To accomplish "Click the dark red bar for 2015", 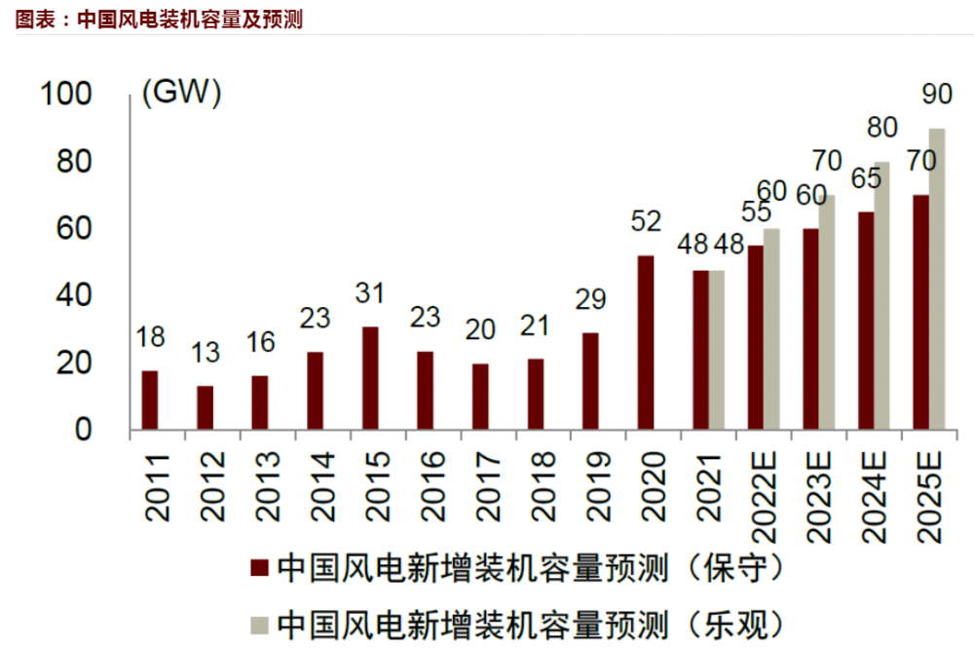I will (370, 378).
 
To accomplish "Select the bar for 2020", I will (646, 342).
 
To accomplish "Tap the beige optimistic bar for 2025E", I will (936, 279).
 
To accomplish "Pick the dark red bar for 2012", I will (205, 407).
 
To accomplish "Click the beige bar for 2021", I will (717, 350).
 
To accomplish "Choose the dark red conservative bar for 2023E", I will (810, 329).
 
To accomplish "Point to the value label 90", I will (936, 95).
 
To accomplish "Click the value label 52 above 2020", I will (646, 221).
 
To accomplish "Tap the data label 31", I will (370, 293).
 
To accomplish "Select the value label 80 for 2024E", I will (881, 128).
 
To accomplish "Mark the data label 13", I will (205, 353).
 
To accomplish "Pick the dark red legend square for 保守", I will (259, 568).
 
